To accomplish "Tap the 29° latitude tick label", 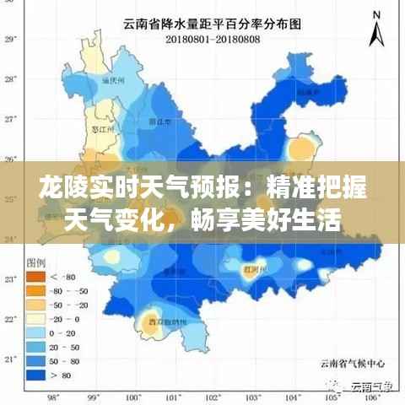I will (x=11, y=39).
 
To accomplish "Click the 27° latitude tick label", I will (x=11, y=119).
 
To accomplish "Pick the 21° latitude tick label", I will (x=11, y=359).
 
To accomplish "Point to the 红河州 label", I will (x=252, y=268).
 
